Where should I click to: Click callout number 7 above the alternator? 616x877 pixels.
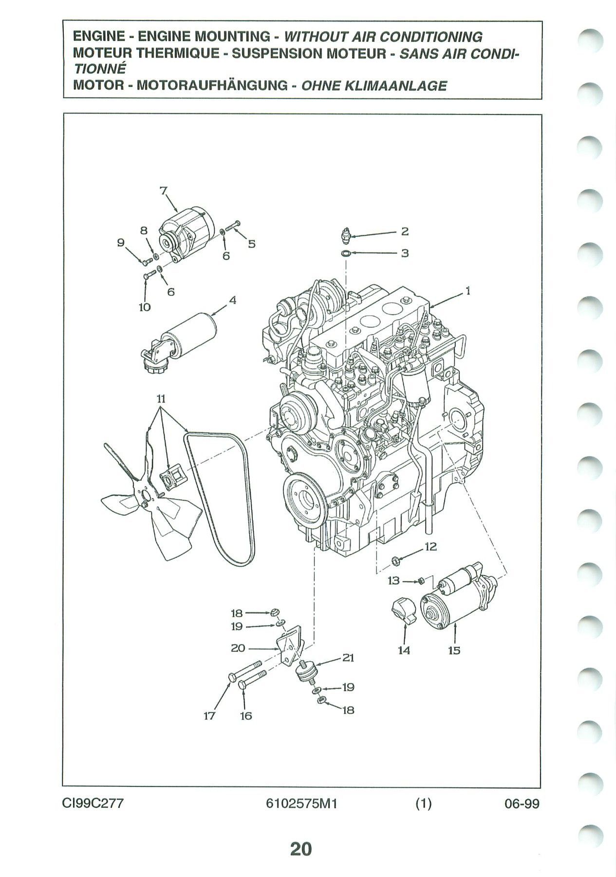tap(164, 191)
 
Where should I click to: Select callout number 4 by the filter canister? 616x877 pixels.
tap(233, 301)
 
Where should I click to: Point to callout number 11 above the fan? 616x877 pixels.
tap(161, 399)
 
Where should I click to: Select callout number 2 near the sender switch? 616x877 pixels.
tap(404, 231)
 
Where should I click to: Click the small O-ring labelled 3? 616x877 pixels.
tap(346, 253)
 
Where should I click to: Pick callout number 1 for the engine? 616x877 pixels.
tap(468, 291)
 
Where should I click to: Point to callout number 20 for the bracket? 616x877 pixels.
tap(237, 648)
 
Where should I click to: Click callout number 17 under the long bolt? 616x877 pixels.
tap(209, 716)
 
